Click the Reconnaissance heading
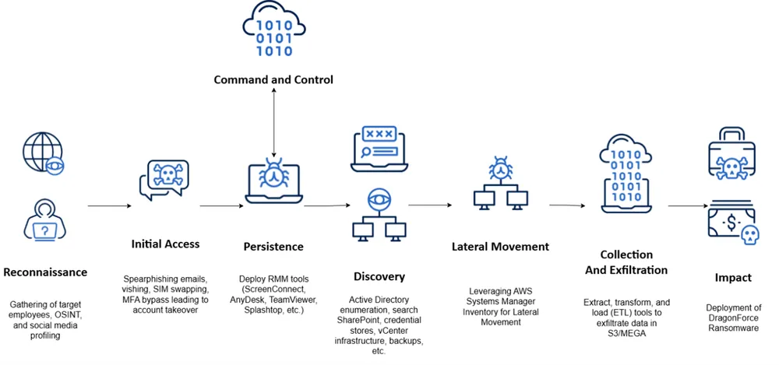point(45,272)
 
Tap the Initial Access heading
point(165,244)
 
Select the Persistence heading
point(273,247)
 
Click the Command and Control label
point(273,79)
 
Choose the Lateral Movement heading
point(500,247)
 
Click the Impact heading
point(733,277)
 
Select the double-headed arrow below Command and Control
point(273,121)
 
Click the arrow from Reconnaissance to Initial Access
point(108,206)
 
